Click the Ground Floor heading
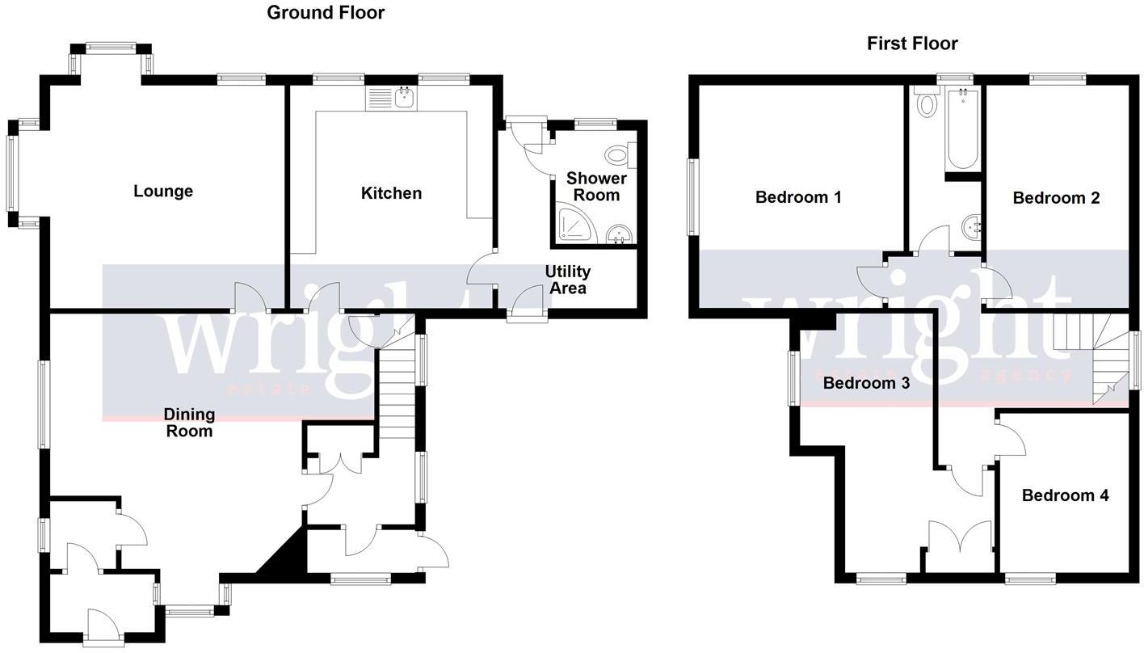pos(326,13)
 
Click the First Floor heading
pos(912,44)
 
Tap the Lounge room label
pos(163,192)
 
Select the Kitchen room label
pos(391,193)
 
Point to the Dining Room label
pos(189,423)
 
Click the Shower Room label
pos(596,187)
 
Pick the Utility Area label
pos(567,280)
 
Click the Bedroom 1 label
pos(798,197)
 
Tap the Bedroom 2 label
pos(1056,198)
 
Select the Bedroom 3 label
pos(866,383)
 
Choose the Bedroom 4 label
pos(1065,495)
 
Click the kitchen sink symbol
pos(392,99)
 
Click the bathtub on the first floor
pos(961,129)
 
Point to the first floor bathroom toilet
pos(926,103)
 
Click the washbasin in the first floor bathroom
pos(970,228)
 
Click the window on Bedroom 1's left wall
pos(692,197)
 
